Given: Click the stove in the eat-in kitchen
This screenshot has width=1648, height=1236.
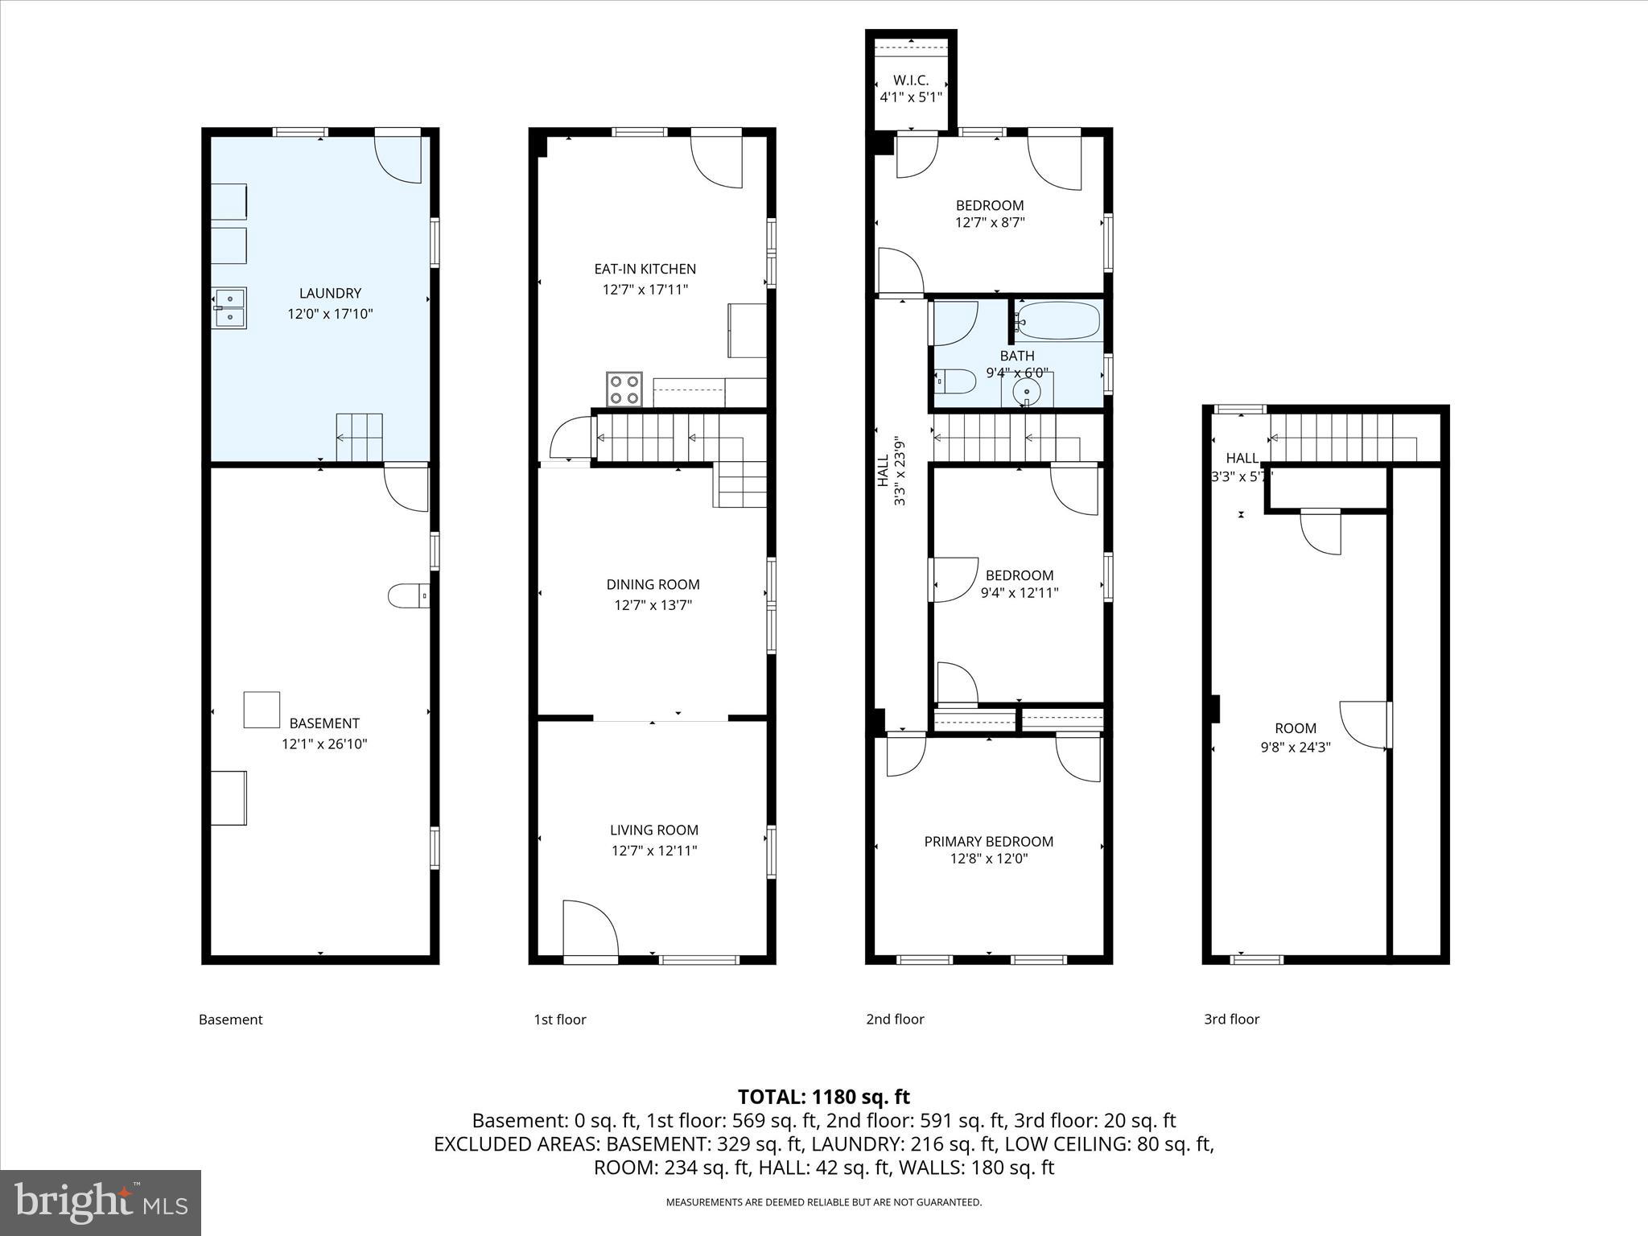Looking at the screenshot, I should (x=624, y=389).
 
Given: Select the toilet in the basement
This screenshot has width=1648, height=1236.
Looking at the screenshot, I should (x=408, y=596).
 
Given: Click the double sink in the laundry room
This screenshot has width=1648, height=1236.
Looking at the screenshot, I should (x=229, y=308).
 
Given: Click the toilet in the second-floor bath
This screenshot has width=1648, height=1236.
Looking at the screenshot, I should (x=954, y=381).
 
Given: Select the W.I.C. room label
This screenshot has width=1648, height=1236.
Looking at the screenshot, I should (x=911, y=80).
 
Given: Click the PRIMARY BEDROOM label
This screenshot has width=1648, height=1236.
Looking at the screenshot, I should (x=988, y=842).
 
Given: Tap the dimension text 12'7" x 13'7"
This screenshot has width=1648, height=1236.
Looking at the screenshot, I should (x=653, y=605).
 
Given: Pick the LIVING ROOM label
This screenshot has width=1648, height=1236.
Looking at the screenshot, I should (x=653, y=830).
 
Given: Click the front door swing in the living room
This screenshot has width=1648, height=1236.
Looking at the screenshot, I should (x=590, y=929).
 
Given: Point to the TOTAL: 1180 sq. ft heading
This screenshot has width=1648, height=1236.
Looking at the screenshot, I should (x=823, y=1097).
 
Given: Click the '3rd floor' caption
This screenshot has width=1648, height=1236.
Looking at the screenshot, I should (x=1231, y=1020).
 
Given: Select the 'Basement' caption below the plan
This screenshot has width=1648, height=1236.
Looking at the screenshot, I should (x=231, y=1020).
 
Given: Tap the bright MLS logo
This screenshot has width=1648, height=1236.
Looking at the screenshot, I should (x=101, y=1202).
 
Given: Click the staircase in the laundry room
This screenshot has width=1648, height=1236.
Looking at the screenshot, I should (x=359, y=438).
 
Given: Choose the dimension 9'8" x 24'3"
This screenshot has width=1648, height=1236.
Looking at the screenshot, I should (x=1295, y=747).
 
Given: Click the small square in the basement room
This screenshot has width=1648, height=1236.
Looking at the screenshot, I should (x=262, y=710).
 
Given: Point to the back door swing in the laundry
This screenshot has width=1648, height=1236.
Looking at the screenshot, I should (x=398, y=159).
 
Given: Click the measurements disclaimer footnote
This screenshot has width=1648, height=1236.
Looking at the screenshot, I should (x=823, y=1202).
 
